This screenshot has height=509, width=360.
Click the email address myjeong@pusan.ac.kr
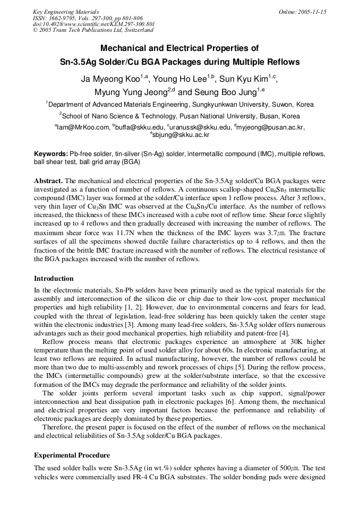(271, 127)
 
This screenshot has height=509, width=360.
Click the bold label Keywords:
(51, 153)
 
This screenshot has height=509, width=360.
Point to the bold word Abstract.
(49, 181)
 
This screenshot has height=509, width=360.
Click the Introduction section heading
(54, 279)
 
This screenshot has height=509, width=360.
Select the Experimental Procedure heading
(72, 455)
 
